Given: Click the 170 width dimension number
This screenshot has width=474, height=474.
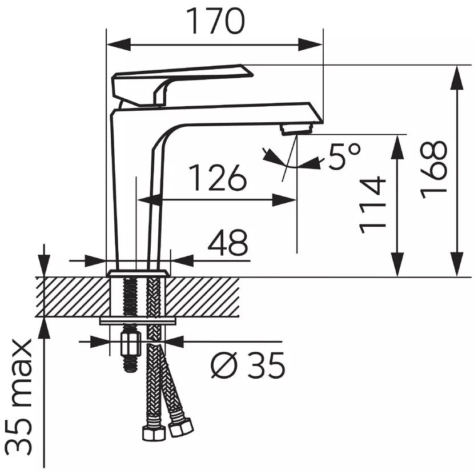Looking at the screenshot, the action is [215, 22].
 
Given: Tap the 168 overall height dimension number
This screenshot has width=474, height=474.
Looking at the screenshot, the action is [434, 169].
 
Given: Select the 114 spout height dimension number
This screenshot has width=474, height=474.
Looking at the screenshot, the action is [373, 205].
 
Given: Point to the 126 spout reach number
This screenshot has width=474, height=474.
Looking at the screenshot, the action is [218, 178].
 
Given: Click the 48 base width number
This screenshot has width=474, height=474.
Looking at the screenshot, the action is [228, 242].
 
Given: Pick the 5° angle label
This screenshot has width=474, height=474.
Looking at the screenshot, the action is [344, 156].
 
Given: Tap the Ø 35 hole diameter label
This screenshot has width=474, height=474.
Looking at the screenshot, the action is [248, 364].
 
